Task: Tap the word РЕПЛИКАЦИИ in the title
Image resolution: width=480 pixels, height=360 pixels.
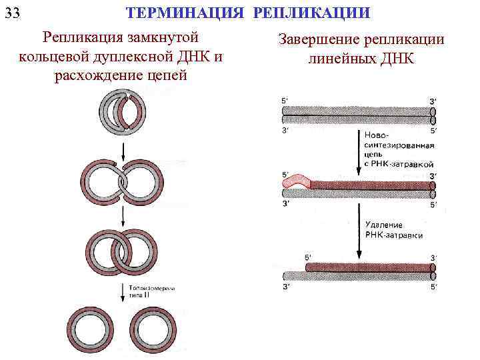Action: (x=313, y=13)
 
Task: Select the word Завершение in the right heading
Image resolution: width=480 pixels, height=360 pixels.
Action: (x=317, y=41)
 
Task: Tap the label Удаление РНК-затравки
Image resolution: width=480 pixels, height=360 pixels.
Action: (x=393, y=230)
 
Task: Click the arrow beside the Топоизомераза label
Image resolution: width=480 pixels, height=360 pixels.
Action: (x=122, y=289)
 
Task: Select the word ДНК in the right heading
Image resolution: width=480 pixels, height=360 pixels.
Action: (x=397, y=59)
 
